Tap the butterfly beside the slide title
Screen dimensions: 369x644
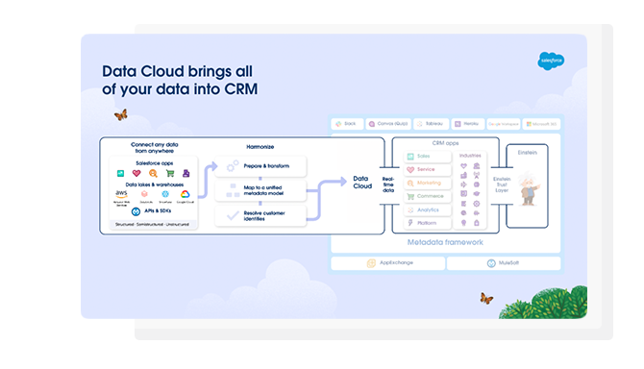tap(120, 114)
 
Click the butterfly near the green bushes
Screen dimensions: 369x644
tap(486, 298)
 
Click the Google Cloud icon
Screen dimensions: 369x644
tap(186, 194)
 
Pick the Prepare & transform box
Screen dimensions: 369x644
tap(260, 166)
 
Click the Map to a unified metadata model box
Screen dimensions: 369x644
tap(260, 191)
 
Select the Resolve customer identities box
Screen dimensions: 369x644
tap(260, 217)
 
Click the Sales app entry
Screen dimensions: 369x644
tap(424, 155)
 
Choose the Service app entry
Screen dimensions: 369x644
tap(424, 168)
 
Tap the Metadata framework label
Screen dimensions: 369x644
tap(445, 242)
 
